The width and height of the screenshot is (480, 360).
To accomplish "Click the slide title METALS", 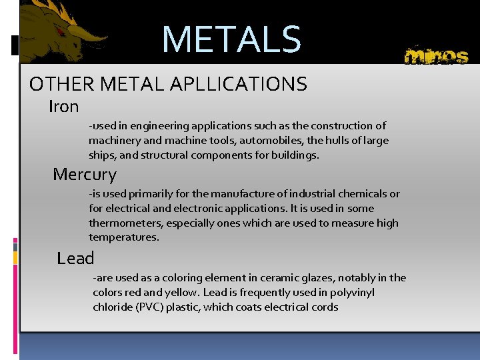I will point(231,40).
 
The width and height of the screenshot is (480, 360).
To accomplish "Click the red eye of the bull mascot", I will point(61,31).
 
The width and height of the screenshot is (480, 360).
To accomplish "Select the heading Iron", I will point(64,107).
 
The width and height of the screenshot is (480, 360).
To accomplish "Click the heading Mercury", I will point(85,175).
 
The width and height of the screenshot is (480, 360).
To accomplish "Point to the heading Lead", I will point(75,258).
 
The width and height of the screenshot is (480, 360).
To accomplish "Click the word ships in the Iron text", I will point(101,155).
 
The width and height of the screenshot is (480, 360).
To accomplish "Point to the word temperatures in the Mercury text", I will point(124,237).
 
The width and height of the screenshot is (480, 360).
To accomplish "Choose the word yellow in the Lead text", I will point(188,293).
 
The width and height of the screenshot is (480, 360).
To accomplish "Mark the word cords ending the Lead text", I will point(323,307).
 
